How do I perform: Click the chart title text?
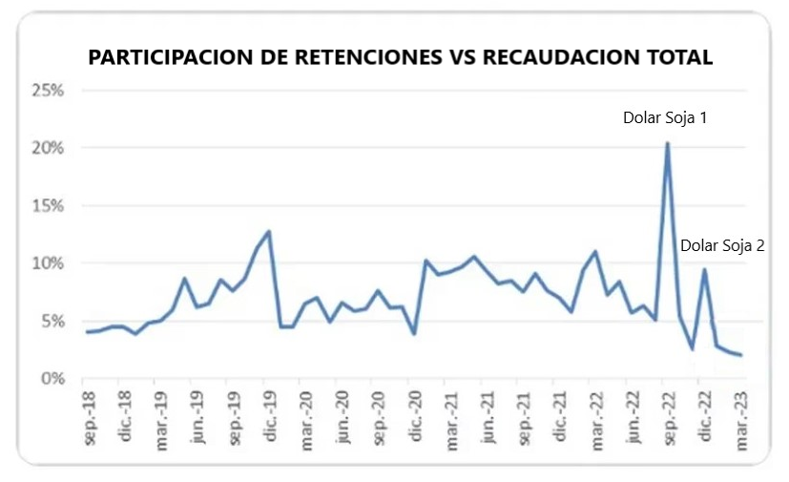click(400, 57)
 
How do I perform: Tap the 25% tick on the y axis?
click(47, 91)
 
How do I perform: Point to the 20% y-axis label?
click(47, 148)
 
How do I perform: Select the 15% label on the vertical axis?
click(47, 206)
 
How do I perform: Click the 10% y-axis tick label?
click(47, 263)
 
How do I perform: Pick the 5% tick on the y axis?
click(52, 322)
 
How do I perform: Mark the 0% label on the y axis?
click(52, 379)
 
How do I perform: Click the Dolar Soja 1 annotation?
click(664, 118)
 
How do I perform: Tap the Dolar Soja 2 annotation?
click(722, 245)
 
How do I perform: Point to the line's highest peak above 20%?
click(667, 143)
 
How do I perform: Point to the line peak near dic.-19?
click(269, 231)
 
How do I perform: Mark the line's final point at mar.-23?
click(741, 355)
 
